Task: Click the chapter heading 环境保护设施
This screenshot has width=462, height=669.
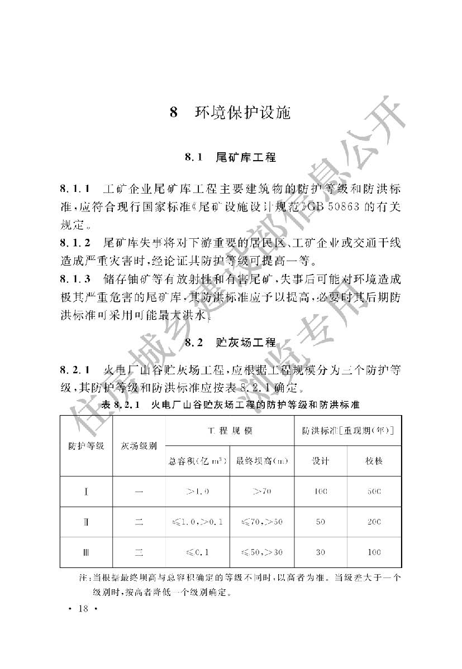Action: [x=242, y=113]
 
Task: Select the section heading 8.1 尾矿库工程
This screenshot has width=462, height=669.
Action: [x=231, y=158]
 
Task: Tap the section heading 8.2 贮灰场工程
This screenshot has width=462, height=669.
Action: [x=231, y=342]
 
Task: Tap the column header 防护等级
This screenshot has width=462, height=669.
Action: [x=86, y=446]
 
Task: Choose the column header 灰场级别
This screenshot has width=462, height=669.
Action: [x=139, y=446]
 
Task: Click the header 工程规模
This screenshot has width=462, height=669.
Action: [x=230, y=431]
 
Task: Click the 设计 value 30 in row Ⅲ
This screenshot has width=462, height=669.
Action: [x=320, y=552]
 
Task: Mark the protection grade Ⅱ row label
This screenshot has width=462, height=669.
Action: [x=87, y=522]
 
